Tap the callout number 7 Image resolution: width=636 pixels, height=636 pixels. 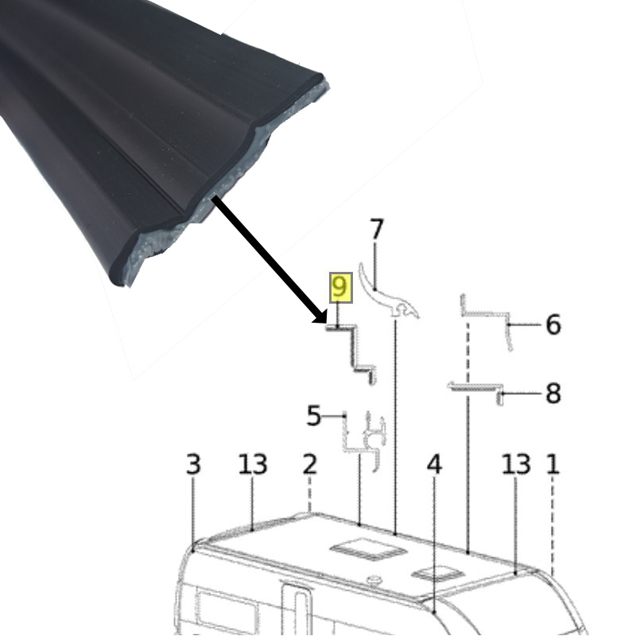pos(377,229)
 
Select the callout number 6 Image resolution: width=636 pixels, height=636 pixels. pos(553,324)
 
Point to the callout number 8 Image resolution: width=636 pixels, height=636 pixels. pos(553,393)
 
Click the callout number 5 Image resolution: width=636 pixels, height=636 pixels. pos(313,415)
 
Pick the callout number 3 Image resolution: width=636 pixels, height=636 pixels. pos(193,463)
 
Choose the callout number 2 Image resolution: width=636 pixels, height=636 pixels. pos(309,463)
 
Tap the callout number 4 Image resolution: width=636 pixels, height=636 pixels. pos(434,463)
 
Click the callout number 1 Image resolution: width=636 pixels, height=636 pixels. pos(553,463)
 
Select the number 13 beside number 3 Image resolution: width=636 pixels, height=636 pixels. pos(252,463)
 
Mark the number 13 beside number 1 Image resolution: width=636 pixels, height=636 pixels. pos(516,463)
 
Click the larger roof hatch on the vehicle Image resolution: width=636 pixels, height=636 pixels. pos(368,549)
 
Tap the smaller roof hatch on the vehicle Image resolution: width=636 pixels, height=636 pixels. pos(438,573)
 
